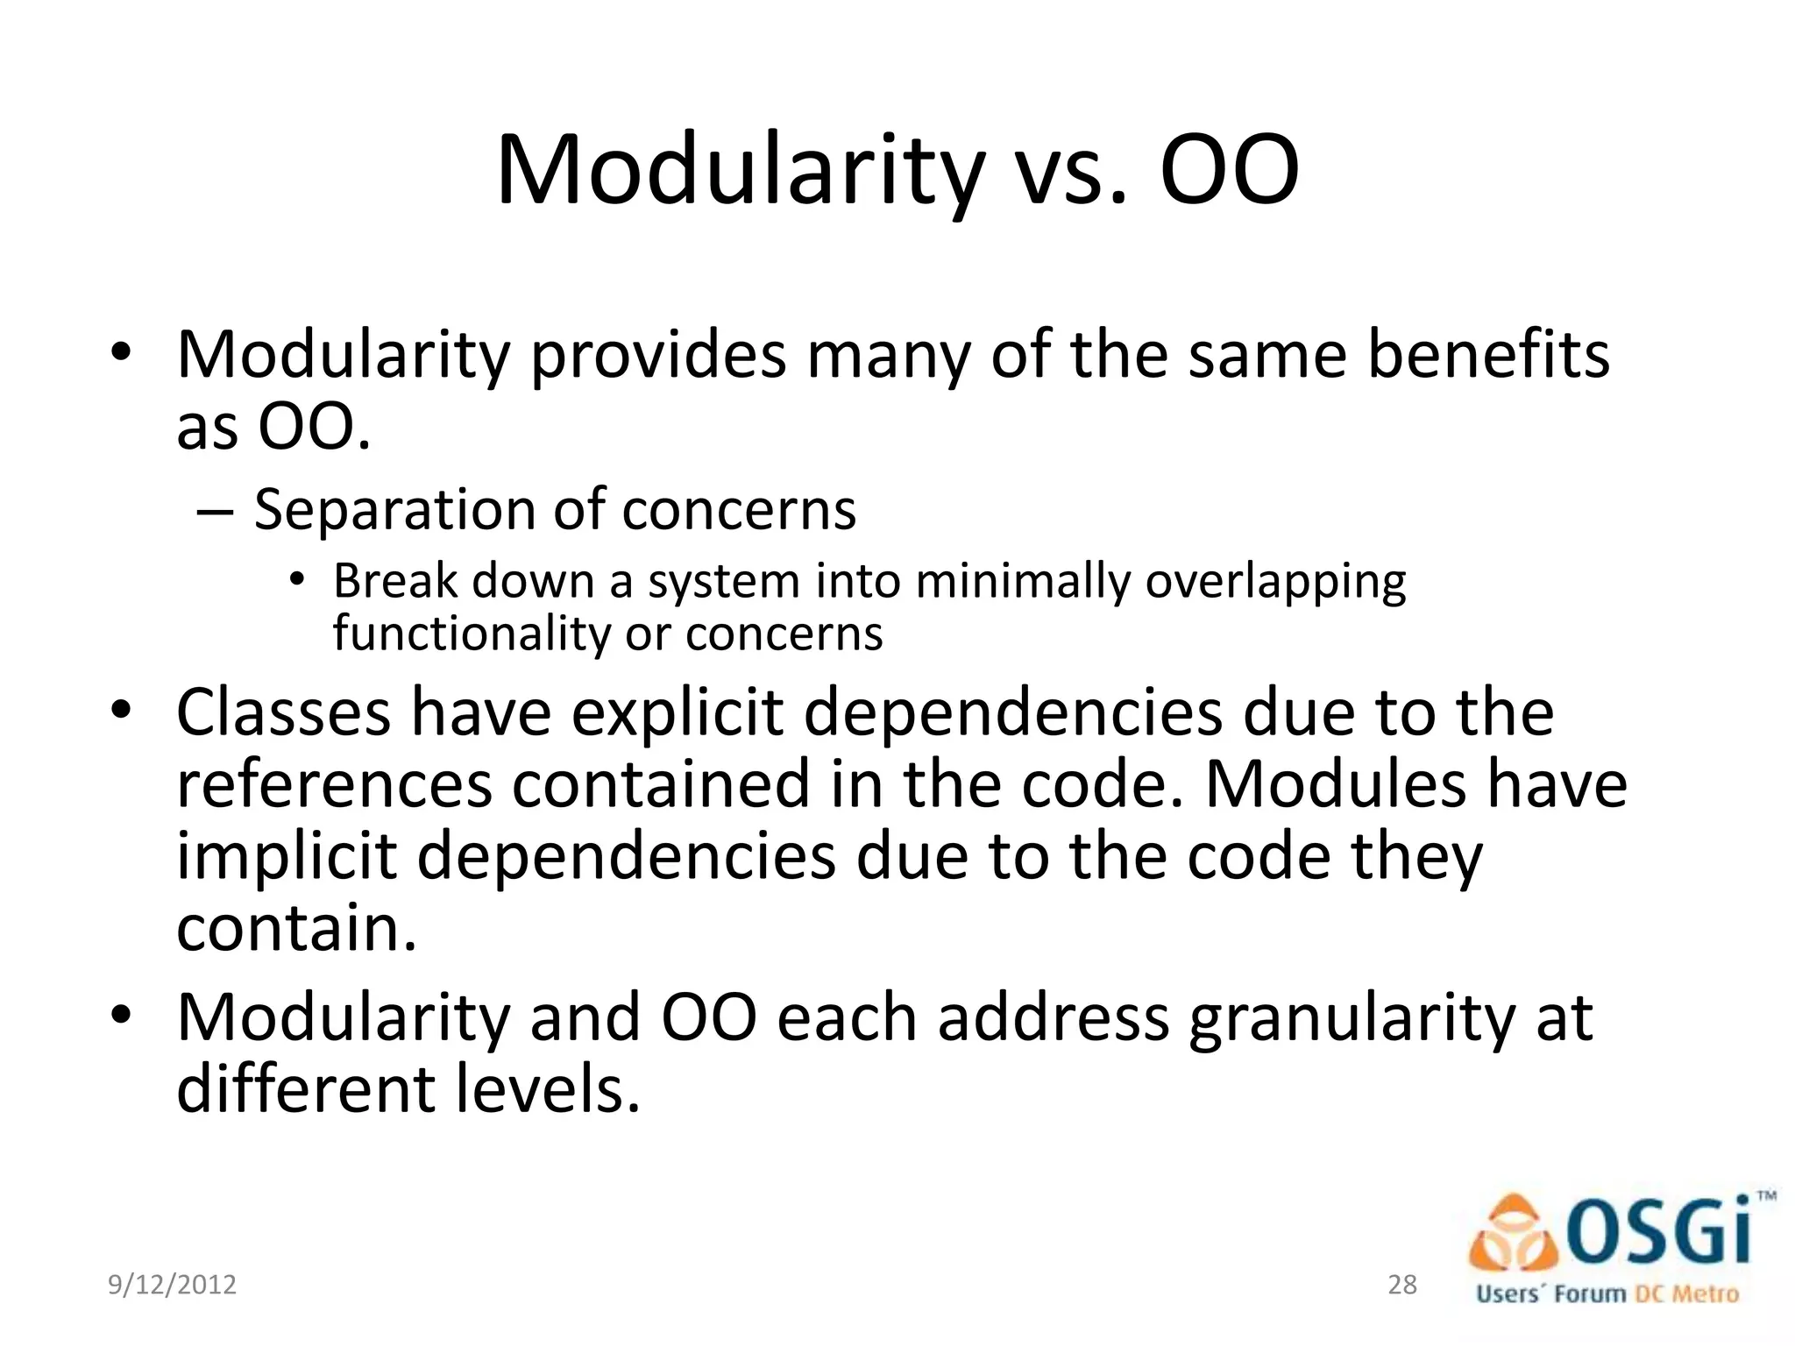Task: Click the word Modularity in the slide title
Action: pos(741,171)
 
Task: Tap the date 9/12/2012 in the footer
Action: pos(172,1285)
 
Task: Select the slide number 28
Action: pos(1402,1285)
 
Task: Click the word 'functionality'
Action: pos(471,634)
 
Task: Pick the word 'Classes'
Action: pos(283,713)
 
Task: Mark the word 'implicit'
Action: pos(287,857)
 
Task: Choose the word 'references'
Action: pos(334,785)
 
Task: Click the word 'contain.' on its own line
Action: pos(296,929)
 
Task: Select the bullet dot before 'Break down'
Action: pos(297,579)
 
